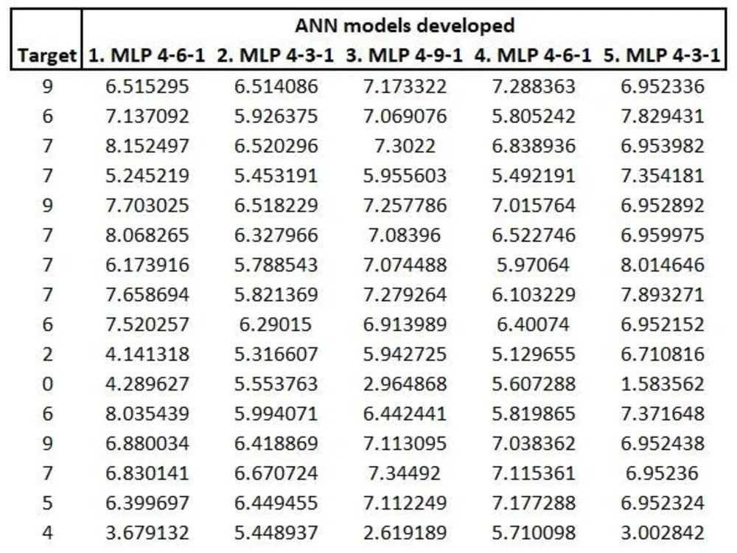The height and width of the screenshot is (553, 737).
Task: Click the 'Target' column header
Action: pyautogui.click(x=47, y=55)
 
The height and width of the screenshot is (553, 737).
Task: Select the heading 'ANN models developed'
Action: pyautogui.click(x=405, y=25)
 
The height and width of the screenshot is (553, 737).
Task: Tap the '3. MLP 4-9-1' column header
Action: pyautogui.click(x=405, y=55)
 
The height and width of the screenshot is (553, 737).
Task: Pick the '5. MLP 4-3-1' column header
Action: pyautogui.click(x=662, y=55)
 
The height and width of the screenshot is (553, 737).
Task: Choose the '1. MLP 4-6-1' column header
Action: pyautogui.click(x=147, y=55)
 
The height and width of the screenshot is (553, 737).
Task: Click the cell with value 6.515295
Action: pyautogui.click(x=147, y=86)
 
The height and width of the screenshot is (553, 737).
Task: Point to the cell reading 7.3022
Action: pyautogui.click(x=405, y=146)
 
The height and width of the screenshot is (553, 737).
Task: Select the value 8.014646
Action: pyautogui.click(x=663, y=265)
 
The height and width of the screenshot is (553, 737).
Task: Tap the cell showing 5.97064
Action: pyautogui.click(x=534, y=265)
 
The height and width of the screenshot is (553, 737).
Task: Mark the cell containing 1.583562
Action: pyautogui.click(x=663, y=383)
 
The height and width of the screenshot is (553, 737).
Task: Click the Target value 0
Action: pyautogui.click(x=47, y=383)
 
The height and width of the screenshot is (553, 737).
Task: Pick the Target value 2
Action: pyautogui.click(x=47, y=354)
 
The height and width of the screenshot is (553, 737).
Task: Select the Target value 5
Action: pyautogui.click(x=47, y=503)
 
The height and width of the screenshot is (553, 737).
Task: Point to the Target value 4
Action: pyautogui.click(x=47, y=532)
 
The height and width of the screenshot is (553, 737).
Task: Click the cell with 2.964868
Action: pyautogui.click(x=405, y=383)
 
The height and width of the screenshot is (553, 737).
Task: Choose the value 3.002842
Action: pyautogui.click(x=663, y=532)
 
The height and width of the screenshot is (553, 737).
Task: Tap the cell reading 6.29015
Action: pyautogui.click(x=276, y=324)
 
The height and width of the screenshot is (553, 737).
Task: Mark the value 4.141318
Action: pyautogui.click(x=147, y=354)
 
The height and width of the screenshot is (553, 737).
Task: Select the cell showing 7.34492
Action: pyautogui.click(x=405, y=473)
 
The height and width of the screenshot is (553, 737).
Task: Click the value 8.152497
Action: pyautogui.click(x=147, y=146)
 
